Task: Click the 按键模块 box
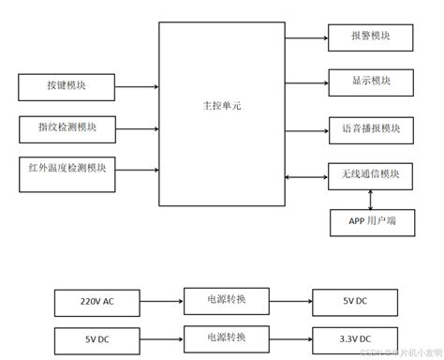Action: tap(65, 87)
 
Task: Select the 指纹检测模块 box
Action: tap(65, 127)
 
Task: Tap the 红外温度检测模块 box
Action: tap(65, 170)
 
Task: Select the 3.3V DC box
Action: tap(356, 338)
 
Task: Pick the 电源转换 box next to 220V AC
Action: tap(227, 302)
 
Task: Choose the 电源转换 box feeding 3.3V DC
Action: tap(227, 338)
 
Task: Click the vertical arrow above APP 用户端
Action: tap(371, 199)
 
